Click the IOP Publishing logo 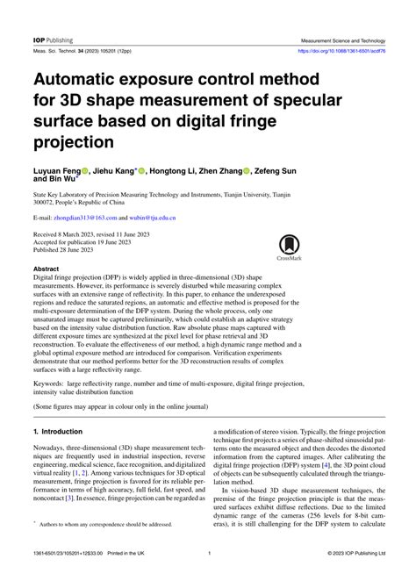(x=54, y=40)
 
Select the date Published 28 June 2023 (x=73, y=250)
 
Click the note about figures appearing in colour (x=121, y=408)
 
